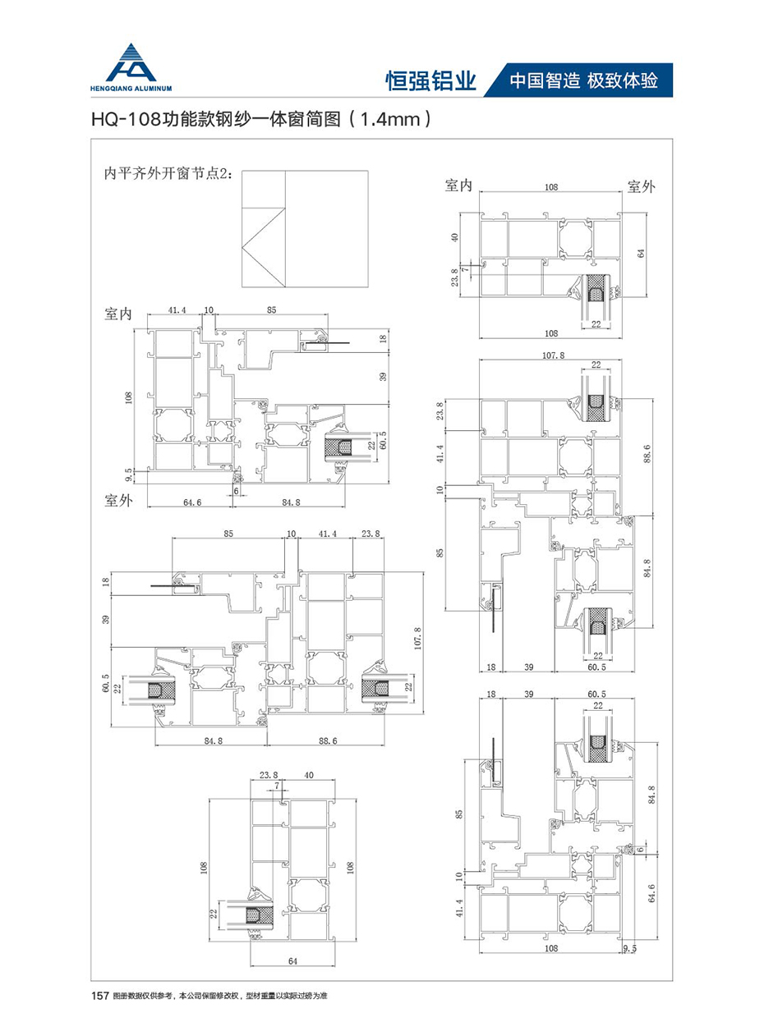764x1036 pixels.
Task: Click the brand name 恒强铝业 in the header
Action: point(431,80)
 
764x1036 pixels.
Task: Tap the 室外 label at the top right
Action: point(641,186)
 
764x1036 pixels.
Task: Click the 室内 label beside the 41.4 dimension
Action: point(119,314)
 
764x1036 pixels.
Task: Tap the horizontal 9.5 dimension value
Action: point(630,947)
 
